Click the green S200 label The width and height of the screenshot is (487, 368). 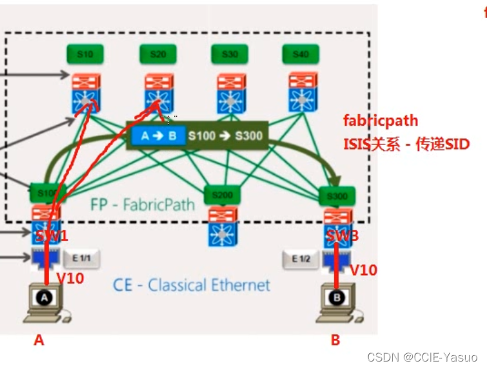point(222,195)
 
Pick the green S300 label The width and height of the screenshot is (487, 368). point(336,194)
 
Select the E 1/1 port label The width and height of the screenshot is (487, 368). point(81,258)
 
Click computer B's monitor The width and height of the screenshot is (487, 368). point(335,298)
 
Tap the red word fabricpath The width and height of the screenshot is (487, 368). point(381,121)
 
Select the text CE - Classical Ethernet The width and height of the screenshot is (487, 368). point(192,285)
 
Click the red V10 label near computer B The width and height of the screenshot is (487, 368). point(364,270)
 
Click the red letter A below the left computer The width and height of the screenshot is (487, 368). point(39,340)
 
